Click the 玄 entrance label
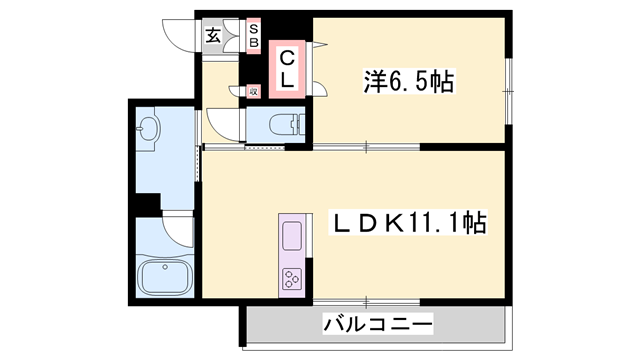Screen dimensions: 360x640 coord(213,37)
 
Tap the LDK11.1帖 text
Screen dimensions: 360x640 coord(409,222)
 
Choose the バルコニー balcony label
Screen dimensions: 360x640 coord(377,324)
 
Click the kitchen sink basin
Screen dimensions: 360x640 coord(293,236)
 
